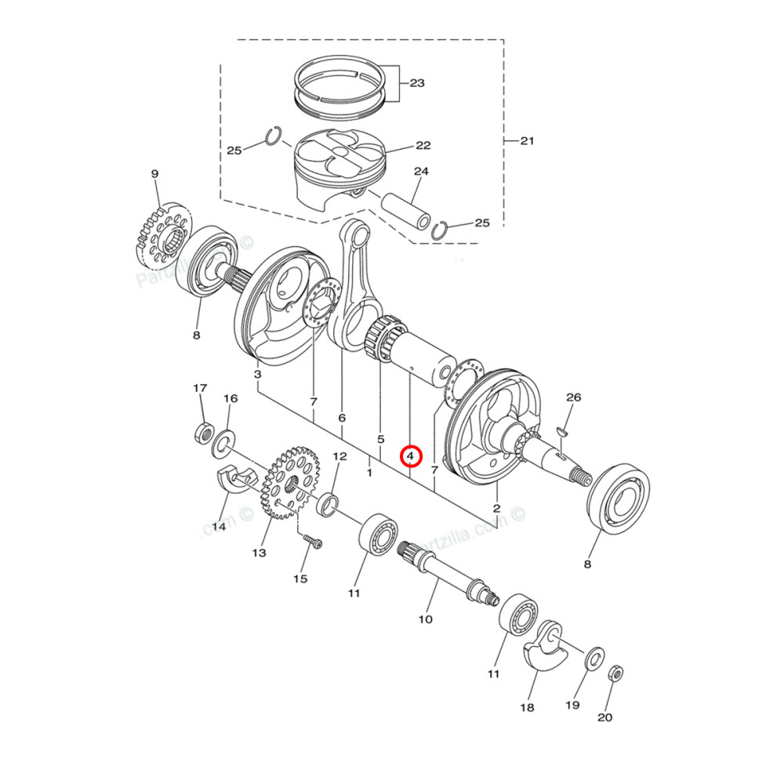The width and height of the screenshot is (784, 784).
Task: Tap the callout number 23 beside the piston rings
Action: tap(417, 82)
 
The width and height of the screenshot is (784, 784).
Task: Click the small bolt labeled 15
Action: tap(311, 542)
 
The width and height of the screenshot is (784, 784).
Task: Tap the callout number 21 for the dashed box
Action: tap(526, 141)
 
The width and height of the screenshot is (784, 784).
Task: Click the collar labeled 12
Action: tap(328, 503)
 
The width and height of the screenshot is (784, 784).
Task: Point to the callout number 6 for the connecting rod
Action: tap(342, 418)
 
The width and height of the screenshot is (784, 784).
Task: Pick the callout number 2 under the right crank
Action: tap(496, 509)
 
